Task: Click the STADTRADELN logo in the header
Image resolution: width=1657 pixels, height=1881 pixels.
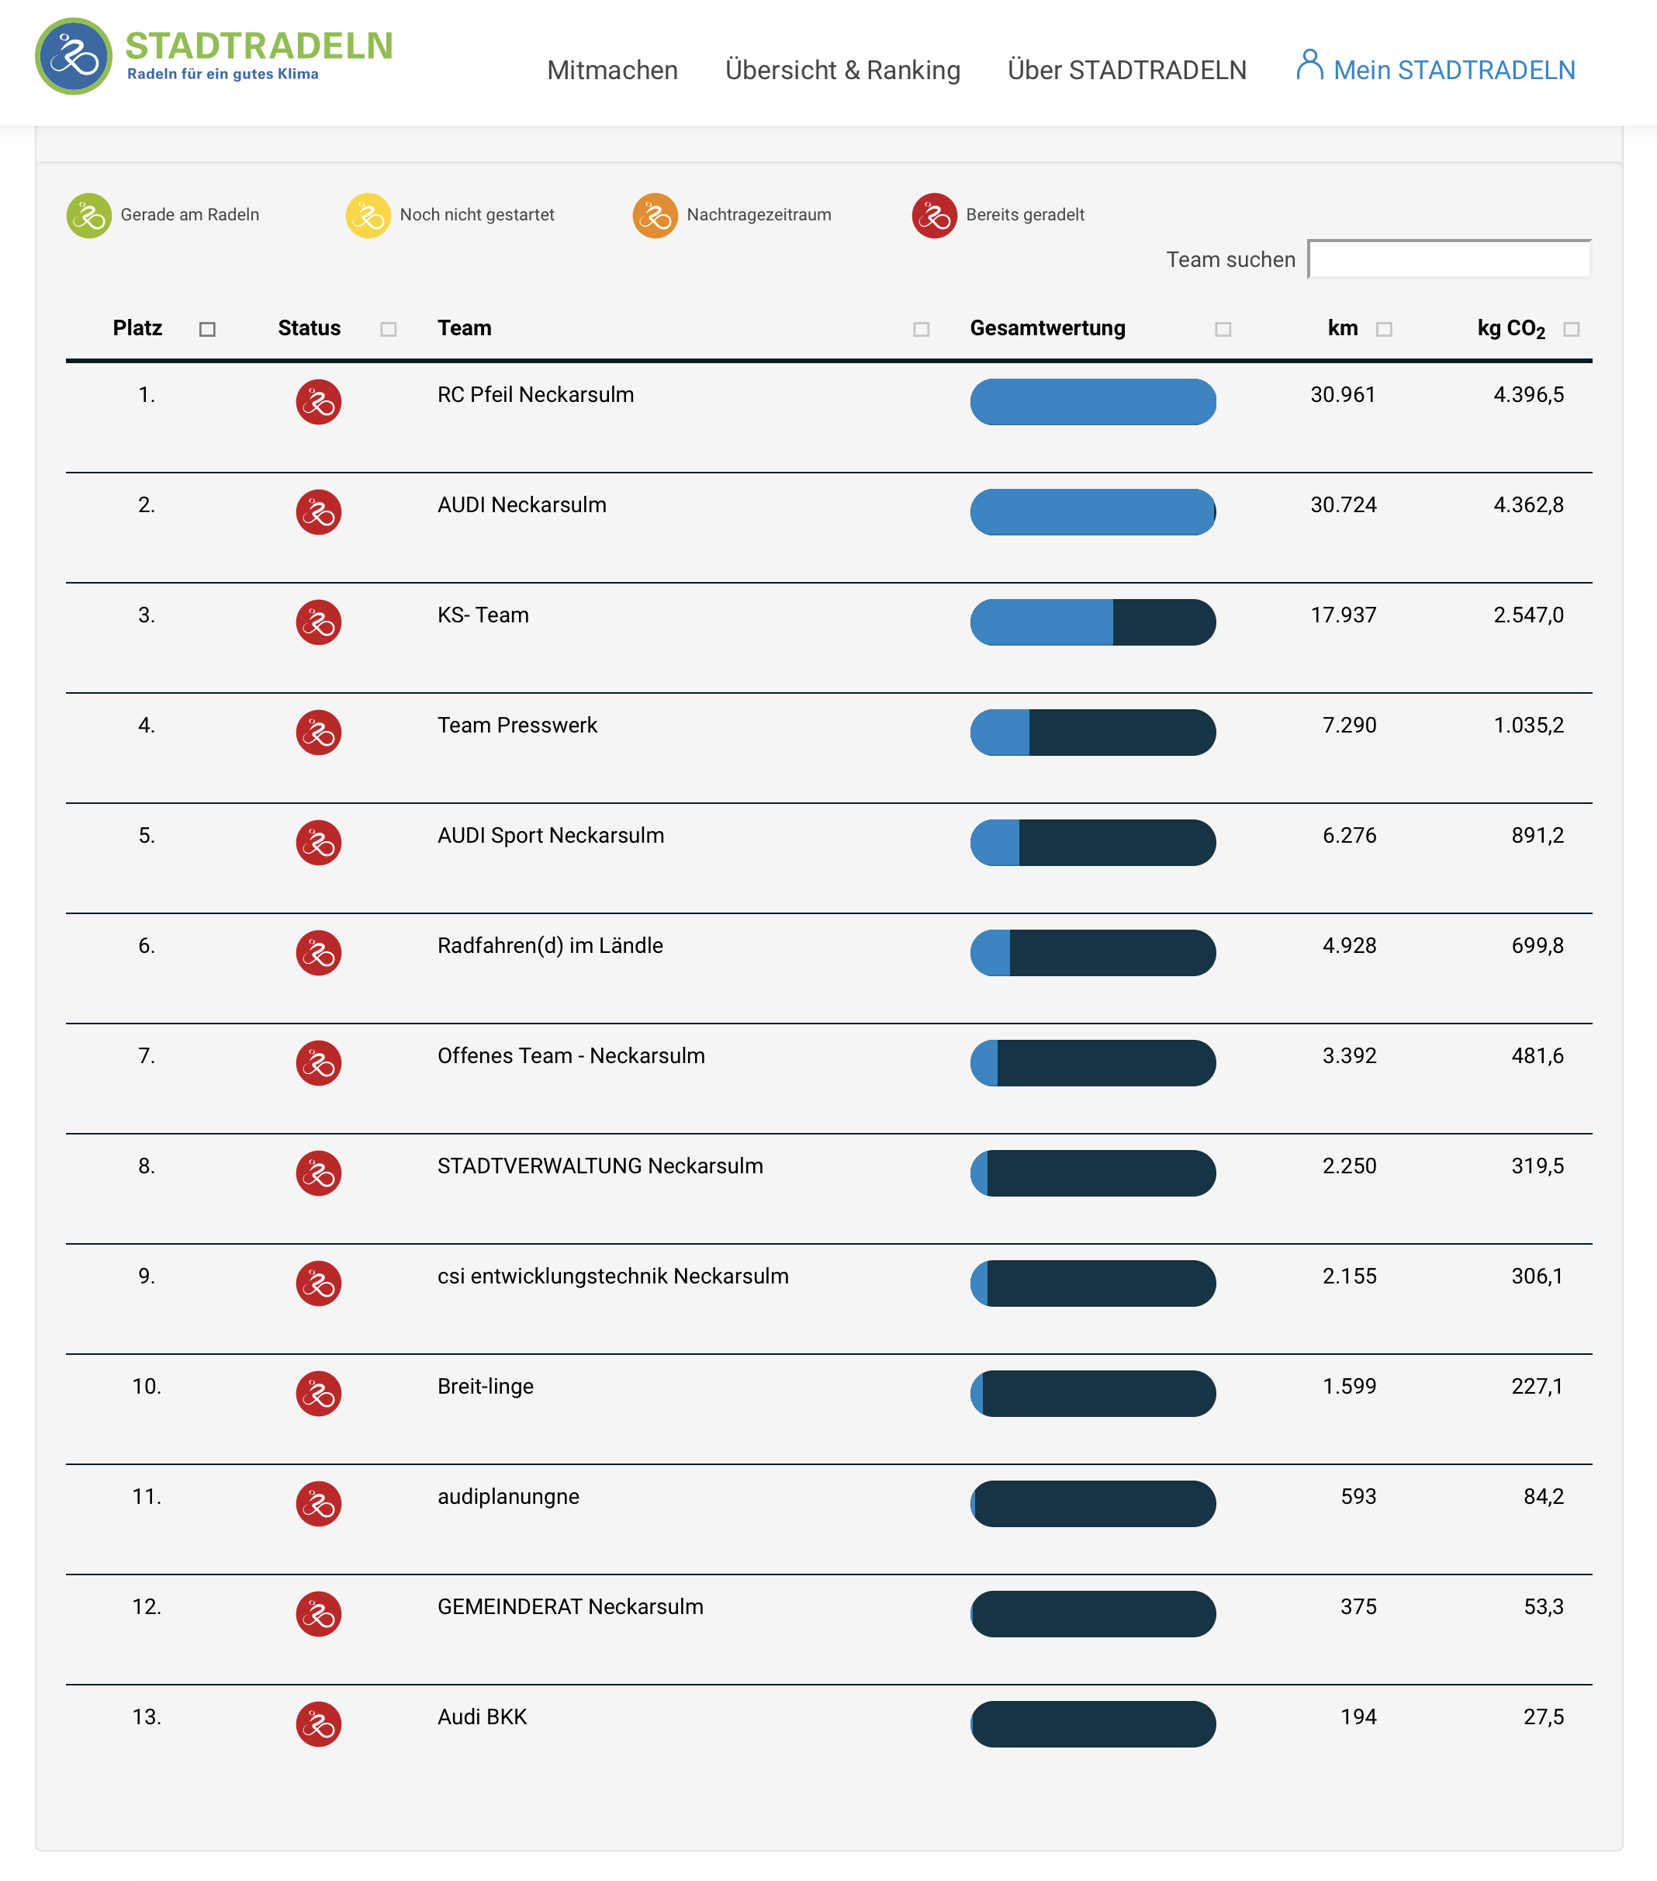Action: [x=213, y=55]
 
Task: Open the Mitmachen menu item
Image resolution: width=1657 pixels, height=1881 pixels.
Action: [x=612, y=70]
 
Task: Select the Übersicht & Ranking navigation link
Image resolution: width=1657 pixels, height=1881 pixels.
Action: [x=842, y=70]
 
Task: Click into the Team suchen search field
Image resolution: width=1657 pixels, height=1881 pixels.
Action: [x=1448, y=259]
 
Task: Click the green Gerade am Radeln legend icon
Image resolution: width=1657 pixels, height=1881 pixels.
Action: [x=89, y=216]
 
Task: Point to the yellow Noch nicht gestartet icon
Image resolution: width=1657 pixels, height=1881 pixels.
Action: [x=368, y=216]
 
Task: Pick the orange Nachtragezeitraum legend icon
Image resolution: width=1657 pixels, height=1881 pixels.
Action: [x=655, y=216]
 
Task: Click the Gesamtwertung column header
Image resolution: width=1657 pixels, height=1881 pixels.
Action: [x=1047, y=328]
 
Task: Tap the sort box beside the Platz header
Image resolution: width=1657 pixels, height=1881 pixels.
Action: [x=207, y=330]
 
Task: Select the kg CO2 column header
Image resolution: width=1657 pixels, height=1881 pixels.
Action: [x=1510, y=328]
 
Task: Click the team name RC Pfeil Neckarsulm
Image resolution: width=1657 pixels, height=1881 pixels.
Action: [x=535, y=395]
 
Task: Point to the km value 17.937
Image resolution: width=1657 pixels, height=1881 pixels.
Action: [x=1344, y=615]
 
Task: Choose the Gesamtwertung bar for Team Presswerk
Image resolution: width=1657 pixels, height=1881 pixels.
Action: [x=1092, y=733]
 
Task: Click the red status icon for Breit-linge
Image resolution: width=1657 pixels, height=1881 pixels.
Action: [x=318, y=1393]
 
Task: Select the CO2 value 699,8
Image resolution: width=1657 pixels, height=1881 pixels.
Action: [x=1537, y=945]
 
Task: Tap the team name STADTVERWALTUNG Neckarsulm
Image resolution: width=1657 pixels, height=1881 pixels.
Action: [x=600, y=1166]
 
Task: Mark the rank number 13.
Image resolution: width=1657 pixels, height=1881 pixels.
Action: [x=147, y=1716]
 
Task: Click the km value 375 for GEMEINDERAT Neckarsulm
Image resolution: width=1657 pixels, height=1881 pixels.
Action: [x=1358, y=1607]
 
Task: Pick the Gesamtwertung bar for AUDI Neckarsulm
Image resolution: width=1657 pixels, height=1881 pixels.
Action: [x=1092, y=511]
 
